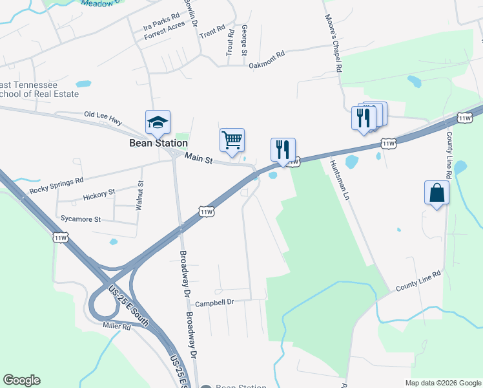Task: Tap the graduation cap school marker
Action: coord(158,122)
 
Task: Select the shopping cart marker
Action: coord(232,140)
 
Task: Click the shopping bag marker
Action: coord(437,193)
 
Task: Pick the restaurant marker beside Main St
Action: coord(283,150)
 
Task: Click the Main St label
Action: coord(199,158)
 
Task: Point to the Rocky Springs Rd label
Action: coord(57,186)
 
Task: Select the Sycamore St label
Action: coord(81,219)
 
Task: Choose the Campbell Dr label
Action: coord(214,302)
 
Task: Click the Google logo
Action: coord(21,380)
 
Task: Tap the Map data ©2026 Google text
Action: coord(442,383)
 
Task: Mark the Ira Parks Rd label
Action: coord(161,25)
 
